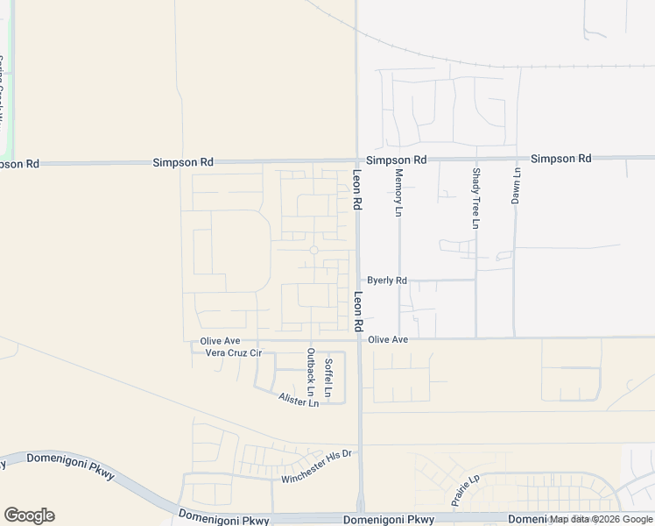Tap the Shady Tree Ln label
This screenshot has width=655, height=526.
[475, 198]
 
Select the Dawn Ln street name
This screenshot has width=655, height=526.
[515, 187]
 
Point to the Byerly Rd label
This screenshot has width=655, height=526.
[387, 281]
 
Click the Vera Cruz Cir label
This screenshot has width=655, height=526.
[233, 352]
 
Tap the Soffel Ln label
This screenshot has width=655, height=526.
[328, 379]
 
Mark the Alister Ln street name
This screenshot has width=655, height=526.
[299, 400]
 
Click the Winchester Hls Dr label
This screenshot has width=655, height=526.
[315, 466]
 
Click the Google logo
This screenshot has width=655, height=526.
[29, 515]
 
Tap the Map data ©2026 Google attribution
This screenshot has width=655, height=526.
[601, 520]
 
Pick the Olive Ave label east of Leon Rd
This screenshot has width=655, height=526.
[388, 339]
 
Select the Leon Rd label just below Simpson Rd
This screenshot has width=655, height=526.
[357, 189]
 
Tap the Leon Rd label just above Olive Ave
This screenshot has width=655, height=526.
[358, 311]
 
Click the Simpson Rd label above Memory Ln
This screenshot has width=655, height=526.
[396, 160]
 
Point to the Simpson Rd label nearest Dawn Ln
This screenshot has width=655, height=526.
[560, 159]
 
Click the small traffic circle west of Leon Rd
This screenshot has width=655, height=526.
[313, 250]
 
